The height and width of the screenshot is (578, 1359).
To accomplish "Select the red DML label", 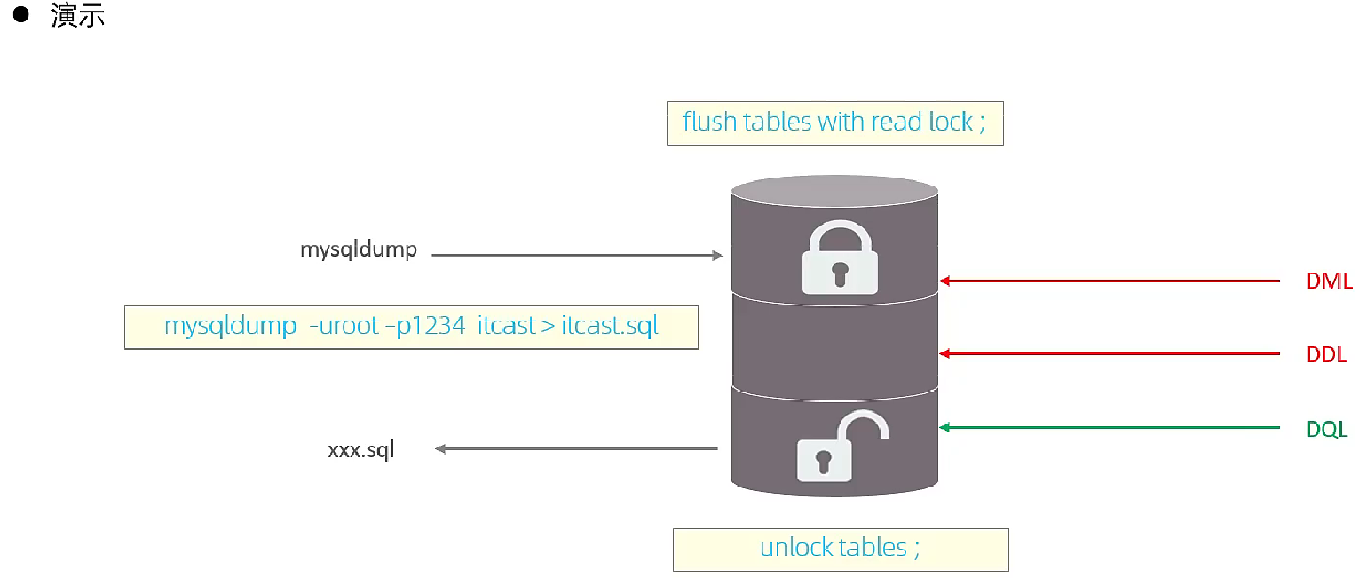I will pyautogui.click(x=1328, y=282).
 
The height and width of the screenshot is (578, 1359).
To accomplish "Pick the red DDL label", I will pyautogui.click(x=1326, y=355).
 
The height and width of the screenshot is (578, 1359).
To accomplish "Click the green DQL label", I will pyautogui.click(x=1326, y=430).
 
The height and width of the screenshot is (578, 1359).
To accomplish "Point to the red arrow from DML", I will pyautogui.click(x=1110, y=281).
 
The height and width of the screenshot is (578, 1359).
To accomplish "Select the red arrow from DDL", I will pyautogui.click(x=1110, y=353).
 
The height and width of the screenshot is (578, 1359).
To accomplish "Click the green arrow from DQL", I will pyautogui.click(x=1110, y=428).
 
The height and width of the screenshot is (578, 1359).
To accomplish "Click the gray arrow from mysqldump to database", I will pyautogui.click(x=577, y=256).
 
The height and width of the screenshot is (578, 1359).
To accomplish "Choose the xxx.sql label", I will pyautogui.click(x=360, y=450).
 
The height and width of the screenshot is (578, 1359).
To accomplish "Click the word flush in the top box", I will pyautogui.click(x=709, y=122).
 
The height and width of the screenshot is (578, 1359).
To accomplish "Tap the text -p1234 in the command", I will pyautogui.click(x=431, y=326).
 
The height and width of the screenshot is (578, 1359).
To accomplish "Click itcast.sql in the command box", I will pyautogui.click(x=610, y=326).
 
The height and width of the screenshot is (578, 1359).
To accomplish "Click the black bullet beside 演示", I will pyautogui.click(x=20, y=15).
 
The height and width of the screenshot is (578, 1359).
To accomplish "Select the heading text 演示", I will pyautogui.click(x=78, y=15).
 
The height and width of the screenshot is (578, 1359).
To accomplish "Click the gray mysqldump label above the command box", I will pyautogui.click(x=358, y=249).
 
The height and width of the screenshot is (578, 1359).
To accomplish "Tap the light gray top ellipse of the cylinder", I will pyautogui.click(x=834, y=189).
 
